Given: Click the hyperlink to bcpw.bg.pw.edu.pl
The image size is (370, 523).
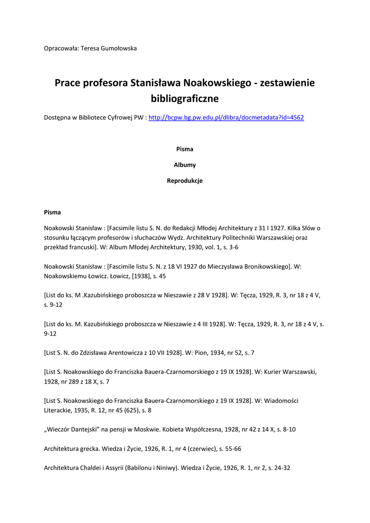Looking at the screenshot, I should tap(226, 117).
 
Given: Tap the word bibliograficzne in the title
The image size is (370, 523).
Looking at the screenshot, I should tap(185, 98).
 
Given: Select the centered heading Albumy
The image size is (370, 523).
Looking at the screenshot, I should tap(185, 165).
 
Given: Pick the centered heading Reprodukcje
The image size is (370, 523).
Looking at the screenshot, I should tap(185, 181).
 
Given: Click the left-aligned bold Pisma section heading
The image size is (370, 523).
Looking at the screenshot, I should tap(52, 212).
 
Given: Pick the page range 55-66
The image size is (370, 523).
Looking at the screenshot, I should tap(231, 449).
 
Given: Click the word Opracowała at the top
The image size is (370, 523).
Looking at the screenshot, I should tap(61, 49).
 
